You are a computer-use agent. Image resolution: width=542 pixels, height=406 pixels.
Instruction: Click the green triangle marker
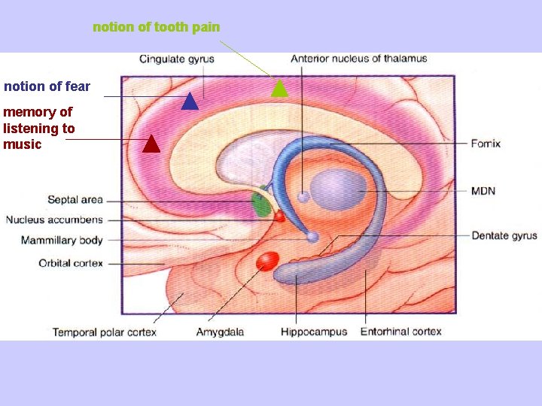coord(279,89)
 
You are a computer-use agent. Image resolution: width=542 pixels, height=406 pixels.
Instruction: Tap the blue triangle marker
coord(189,101)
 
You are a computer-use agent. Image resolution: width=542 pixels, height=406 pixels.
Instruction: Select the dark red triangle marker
coord(151,144)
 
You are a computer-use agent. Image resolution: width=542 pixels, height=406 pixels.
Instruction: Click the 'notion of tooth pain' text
coord(157,27)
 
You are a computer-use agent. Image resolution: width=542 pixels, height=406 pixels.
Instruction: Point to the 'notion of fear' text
coord(47,86)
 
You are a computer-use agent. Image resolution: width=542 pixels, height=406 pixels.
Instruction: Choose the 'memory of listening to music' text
coord(38,128)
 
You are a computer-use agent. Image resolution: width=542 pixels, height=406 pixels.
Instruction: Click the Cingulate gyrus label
coord(177,59)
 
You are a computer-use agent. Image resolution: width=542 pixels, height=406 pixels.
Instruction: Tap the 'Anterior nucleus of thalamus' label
coord(359,59)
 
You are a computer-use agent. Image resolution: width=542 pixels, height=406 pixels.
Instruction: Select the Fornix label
coord(486,144)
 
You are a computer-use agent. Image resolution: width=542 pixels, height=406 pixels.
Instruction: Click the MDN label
coord(483,191)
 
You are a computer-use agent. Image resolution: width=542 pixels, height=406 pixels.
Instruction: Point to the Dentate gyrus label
coord(504,236)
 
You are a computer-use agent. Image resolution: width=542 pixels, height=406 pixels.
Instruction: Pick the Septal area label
coord(75,200)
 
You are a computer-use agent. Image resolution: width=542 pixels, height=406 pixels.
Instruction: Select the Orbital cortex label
coord(71,263)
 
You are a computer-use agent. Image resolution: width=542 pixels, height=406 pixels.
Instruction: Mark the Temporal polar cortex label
coord(104,332)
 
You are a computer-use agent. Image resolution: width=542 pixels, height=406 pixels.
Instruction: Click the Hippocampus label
coord(314,332)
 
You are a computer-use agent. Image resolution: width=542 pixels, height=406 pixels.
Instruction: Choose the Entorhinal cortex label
coord(401,332)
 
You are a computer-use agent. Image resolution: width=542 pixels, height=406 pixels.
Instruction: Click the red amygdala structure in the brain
coord(267,261)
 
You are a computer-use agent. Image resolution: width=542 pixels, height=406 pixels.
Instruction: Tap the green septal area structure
coord(260,205)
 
